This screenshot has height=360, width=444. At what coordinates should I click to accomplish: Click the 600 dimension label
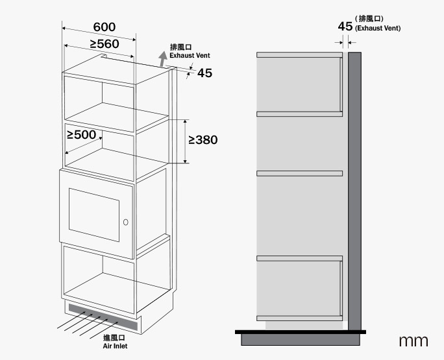[x=104, y=27]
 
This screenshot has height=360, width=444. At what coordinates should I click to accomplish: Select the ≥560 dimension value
[x=104, y=43]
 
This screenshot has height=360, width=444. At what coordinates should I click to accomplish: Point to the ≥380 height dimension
[x=203, y=139]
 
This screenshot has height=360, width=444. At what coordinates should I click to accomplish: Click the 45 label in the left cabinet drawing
[x=204, y=73]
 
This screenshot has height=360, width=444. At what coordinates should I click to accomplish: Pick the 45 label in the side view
[x=345, y=27]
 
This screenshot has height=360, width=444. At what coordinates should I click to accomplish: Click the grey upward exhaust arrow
[x=162, y=59]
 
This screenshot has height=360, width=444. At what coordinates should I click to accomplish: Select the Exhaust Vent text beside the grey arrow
[x=190, y=56]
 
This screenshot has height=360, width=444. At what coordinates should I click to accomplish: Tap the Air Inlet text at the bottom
[x=116, y=346]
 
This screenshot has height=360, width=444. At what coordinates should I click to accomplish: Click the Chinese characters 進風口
[x=114, y=338]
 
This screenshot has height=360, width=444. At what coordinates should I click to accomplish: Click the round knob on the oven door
[x=125, y=222]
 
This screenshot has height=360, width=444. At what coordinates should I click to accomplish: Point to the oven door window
[x=94, y=214]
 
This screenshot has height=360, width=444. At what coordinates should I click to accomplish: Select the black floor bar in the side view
[x=300, y=332]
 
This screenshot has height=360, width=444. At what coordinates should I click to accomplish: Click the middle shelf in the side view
[x=299, y=173]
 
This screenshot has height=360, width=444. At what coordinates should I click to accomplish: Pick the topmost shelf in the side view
[x=299, y=56]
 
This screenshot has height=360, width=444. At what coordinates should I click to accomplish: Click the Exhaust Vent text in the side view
[x=378, y=29]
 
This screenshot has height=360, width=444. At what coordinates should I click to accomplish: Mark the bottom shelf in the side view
[x=299, y=318]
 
